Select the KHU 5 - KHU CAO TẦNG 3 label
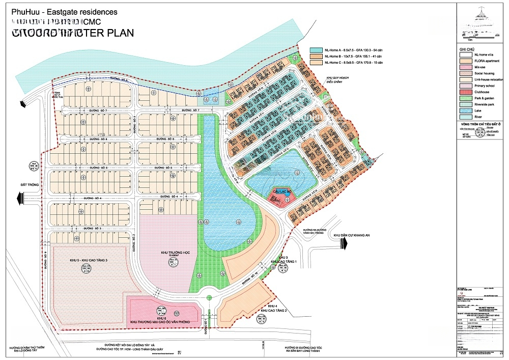pos(89,260)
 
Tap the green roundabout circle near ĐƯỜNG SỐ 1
pos(208,298)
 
